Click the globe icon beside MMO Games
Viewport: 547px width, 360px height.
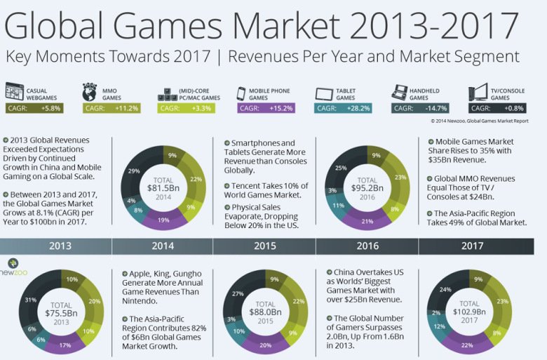[89, 93]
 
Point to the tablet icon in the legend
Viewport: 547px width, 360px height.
[325, 93]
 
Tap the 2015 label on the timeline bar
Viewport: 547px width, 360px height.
[264, 246]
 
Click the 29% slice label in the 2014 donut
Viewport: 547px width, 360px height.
[133, 172]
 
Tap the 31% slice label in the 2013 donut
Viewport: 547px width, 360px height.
[31, 300]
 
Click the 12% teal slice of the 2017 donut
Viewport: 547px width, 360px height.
[438, 327]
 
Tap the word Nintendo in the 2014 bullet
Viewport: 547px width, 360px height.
[143, 300]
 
